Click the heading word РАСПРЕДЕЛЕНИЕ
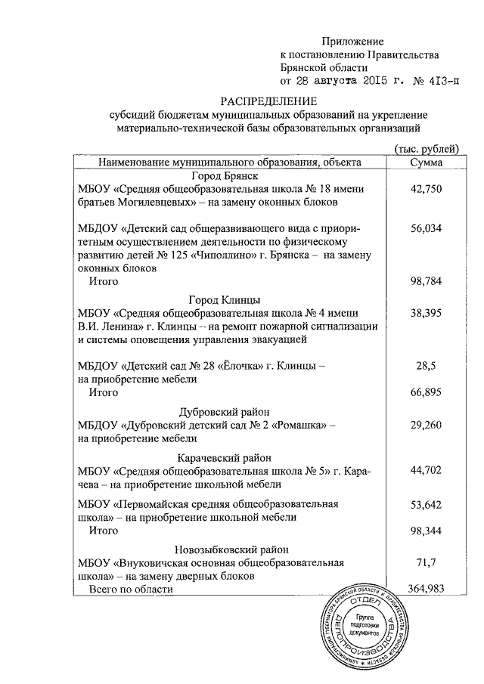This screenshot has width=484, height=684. click(x=269, y=101)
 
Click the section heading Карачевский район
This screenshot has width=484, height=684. click(x=225, y=458)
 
